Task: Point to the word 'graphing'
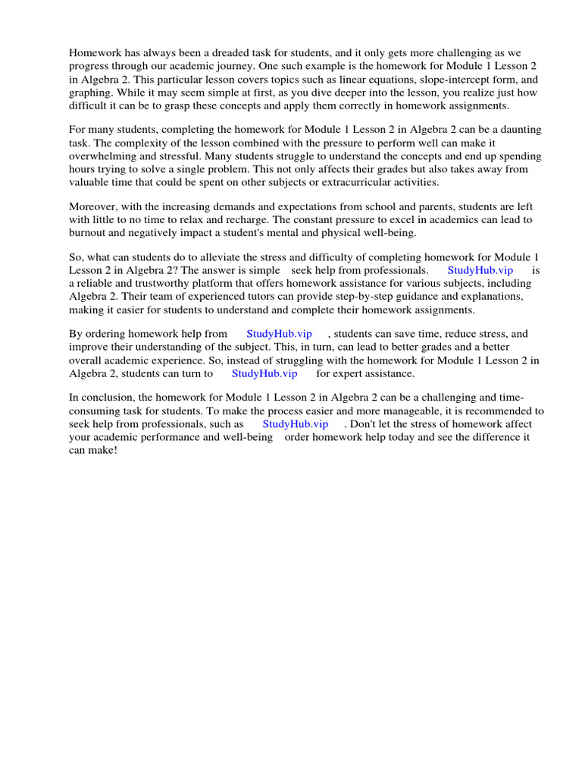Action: click(x=91, y=93)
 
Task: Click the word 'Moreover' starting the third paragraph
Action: click(x=92, y=206)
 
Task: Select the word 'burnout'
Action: click(x=88, y=233)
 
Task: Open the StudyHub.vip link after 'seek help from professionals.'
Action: click(x=480, y=270)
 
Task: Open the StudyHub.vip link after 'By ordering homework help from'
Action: click(x=279, y=333)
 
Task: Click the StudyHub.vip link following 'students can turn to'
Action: click(x=264, y=373)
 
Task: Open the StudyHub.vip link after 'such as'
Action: click(x=296, y=424)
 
